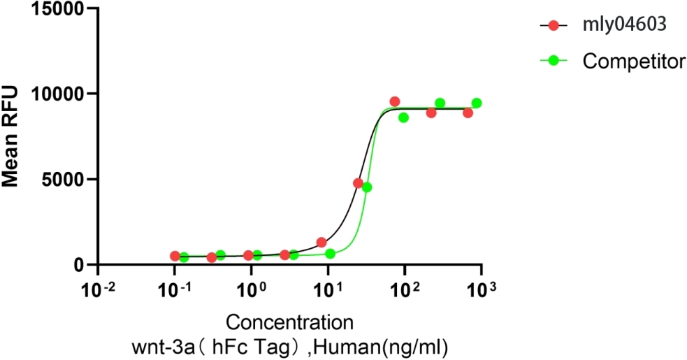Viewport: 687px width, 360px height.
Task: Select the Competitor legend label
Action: tap(634, 61)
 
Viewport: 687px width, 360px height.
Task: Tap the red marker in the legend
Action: tap(555, 25)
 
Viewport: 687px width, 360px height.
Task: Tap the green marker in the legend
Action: tap(555, 61)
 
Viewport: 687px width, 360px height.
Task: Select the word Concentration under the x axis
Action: tap(289, 323)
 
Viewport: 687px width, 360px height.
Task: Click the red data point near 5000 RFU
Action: tap(359, 183)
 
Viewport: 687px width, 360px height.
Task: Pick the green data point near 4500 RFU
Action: tap(367, 187)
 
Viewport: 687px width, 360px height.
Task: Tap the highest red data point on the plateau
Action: tap(395, 102)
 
